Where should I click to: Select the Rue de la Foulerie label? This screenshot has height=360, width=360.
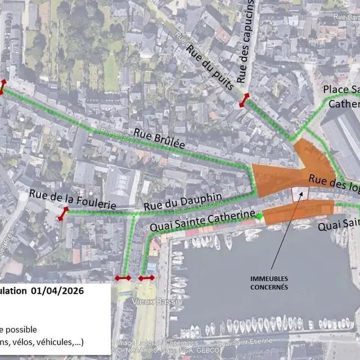[x=73, y=199]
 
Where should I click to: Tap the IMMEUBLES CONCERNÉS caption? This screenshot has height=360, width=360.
[x=269, y=283]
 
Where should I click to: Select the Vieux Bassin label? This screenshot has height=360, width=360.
[x=164, y=302]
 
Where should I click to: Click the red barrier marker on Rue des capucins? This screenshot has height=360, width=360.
[x=244, y=101]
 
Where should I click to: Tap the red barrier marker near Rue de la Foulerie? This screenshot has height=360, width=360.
[x=62, y=214]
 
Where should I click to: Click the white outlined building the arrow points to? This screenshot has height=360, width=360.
[x=300, y=193]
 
